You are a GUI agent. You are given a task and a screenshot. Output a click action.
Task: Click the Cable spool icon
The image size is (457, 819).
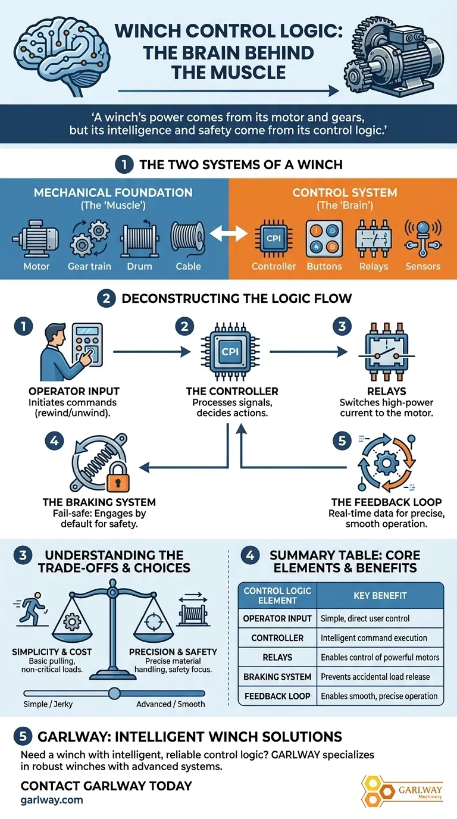(x=188, y=239)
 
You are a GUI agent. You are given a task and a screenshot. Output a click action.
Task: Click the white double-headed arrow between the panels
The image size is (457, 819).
(x=229, y=233)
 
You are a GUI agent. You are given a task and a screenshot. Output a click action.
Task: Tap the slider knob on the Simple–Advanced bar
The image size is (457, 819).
(x=114, y=693)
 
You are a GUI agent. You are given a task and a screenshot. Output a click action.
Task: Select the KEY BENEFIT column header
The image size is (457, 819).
(x=380, y=595)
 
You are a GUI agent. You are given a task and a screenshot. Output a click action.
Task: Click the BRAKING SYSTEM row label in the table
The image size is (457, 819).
(x=277, y=676)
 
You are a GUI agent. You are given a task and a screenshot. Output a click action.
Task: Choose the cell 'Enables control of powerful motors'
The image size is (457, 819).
(x=380, y=657)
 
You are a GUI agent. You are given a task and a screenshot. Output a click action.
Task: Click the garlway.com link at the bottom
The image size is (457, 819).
(x=52, y=799)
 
